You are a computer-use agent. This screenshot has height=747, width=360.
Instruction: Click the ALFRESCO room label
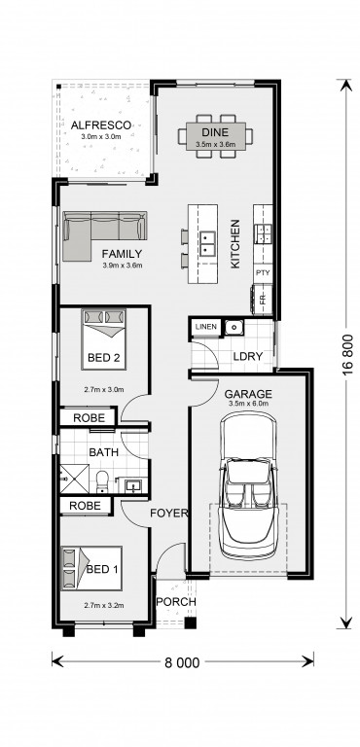pyautogui.click(x=100, y=125)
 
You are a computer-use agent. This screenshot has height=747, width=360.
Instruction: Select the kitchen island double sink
pyautogui.click(x=207, y=243)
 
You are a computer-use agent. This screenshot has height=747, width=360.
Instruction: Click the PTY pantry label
pyautogui.click(x=263, y=273)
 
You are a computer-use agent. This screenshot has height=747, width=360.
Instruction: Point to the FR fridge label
pyautogui.click(x=263, y=300)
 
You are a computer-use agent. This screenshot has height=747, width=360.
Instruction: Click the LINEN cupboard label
pyautogui.click(x=206, y=327)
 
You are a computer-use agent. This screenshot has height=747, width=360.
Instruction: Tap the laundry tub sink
pyautogui.click(x=234, y=327)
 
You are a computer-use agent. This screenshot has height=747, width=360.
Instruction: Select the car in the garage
pyautogui.click(x=248, y=484)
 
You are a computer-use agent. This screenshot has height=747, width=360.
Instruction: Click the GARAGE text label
pyautogui.click(x=248, y=394)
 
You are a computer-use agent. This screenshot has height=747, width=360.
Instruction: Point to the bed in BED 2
pyautogui.click(x=103, y=338)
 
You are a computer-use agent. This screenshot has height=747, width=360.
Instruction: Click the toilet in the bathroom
pyautogui.click(x=102, y=482)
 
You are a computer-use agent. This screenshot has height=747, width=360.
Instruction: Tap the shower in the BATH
pyautogui.click(x=74, y=479)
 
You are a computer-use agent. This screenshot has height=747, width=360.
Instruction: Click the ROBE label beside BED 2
pyautogui.click(x=89, y=418)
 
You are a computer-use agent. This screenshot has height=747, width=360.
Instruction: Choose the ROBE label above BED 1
pyautogui.click(x=85, y=506)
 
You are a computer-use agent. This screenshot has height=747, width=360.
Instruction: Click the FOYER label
pyautogui.click(x=168, y=514)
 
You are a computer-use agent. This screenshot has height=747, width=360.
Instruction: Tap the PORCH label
pyautogui.click(x=176, y=602)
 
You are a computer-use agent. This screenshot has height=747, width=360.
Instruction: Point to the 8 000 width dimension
pyautogui.click(x=183, y=662)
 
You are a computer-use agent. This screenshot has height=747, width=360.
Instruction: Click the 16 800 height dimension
pyautogui.click(x=347, y=355)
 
